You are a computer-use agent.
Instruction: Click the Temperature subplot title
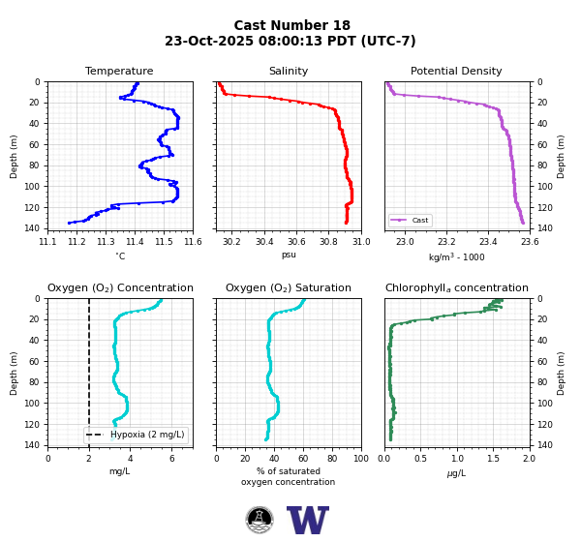pyautogui.click(x=119, y=71)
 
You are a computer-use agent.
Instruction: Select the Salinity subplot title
pyautogui.click(x=289, y=71)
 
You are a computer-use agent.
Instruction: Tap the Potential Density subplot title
pyautogui.click(x=456, y=71)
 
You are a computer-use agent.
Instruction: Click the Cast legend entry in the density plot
pyautogui.click(x=410, y=220)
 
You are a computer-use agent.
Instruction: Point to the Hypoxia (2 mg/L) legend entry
pyautogui.click(x=136, y=435)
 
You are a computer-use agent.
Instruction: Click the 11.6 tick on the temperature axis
pyautogui.click(x=193, y=242)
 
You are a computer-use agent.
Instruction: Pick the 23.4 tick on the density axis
pyautogui.click(x=488, y=242)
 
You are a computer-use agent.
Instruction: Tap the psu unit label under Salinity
pyautogui.click(x=289, y=255)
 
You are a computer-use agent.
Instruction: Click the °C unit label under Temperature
pyautogui.click(x=120, y=256)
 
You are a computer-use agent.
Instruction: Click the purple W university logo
pyautogui.click(x=308, y=520)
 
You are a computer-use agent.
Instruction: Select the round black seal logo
pyautogui.click(x=260, y=520)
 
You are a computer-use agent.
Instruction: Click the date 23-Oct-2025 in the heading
pyautogui.click(x=209, y=41)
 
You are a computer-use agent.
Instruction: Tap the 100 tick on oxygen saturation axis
pyautogui.click(x=361, y=459)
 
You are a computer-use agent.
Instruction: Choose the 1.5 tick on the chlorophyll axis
pyautogui.click(x=493, y=459)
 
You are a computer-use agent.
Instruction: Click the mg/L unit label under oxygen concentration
pyautogui.click(x=120, y=471)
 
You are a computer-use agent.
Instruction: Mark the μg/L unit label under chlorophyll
pyautogui.click(x=456, y=473)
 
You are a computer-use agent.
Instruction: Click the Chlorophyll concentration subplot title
pyautogui.click(x=456, y=287)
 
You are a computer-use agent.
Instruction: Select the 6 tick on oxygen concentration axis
pyautogui.click(x=172, y=459)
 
